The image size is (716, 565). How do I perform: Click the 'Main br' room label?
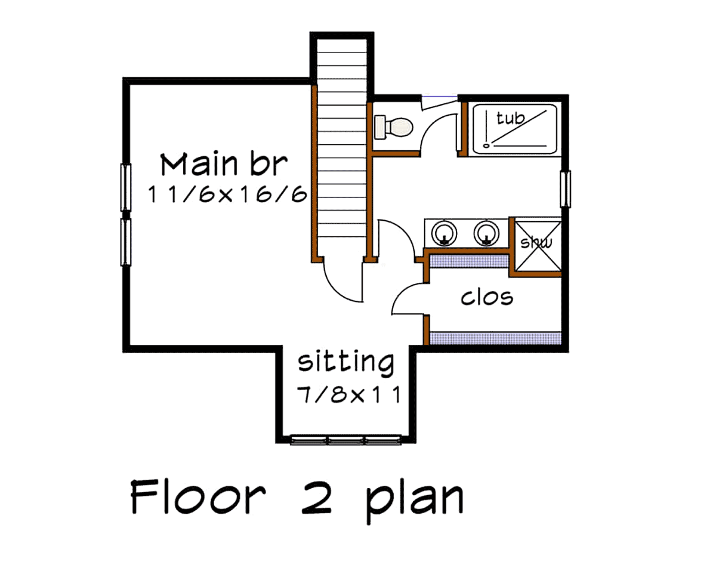[224, 165]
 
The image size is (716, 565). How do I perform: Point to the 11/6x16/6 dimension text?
[227, 194]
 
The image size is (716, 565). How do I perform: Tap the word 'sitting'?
[346, 362]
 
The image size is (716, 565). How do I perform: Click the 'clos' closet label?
[487, 298]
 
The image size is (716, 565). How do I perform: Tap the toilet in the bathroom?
[394, 126]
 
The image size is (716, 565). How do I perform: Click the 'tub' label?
[510, 118]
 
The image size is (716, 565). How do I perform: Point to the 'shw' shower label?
[536, 243]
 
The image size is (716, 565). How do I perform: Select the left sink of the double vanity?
[444, 233]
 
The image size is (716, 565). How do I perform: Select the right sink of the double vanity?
[486, 233]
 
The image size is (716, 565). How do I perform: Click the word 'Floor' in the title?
[198, 498]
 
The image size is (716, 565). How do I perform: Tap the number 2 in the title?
[316, 498]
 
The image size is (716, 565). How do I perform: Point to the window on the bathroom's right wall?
[565, 189]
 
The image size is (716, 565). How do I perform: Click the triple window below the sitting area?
[346, 440]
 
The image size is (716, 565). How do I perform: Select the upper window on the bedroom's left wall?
[125, 187]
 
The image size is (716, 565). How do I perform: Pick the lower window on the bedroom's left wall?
[125, 242]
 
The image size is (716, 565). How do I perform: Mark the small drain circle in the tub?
[486, 146]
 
